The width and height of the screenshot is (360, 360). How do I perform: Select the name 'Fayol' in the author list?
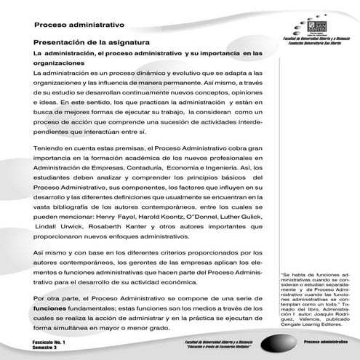pos(125,217)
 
